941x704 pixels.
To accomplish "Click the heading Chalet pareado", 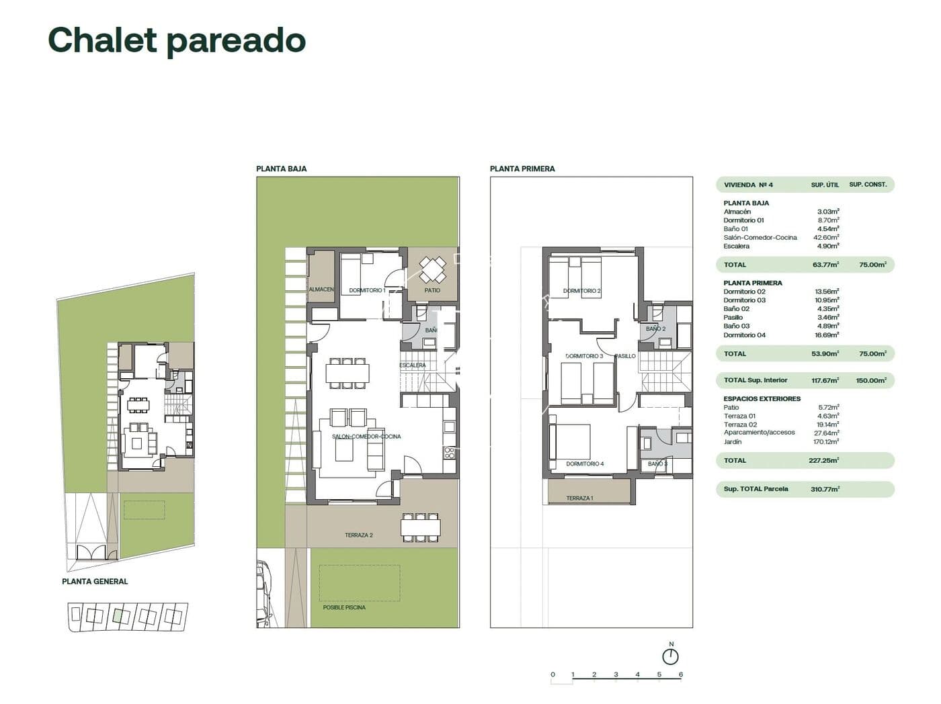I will (177, 40).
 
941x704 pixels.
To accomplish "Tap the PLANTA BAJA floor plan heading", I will (281, 169).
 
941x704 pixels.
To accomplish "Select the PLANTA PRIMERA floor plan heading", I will (522, 169).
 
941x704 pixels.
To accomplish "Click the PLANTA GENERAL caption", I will (95, 582).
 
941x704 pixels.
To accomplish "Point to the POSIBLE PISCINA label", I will (344, 607).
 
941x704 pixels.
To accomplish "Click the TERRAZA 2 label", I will (358, 535).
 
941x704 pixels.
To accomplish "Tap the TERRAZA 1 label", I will (579, 498).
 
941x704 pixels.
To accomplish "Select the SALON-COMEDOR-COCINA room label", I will (366, 437).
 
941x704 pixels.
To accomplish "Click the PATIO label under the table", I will (432, 290).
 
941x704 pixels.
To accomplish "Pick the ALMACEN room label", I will (321, 290).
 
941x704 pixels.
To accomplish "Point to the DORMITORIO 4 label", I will (585, 464).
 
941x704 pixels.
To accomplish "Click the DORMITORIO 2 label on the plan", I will (582, 291).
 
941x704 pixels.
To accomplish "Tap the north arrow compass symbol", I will (670, 656).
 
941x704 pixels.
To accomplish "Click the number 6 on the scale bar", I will (681, 674).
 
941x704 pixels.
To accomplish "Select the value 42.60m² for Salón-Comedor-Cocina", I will (826, 237).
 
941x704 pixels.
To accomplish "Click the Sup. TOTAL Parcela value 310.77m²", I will (826, 489).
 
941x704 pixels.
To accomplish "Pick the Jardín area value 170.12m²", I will (826, 442).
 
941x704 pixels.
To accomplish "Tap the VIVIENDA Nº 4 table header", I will (748, 185).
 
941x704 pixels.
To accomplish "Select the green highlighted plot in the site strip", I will (119, 615).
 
